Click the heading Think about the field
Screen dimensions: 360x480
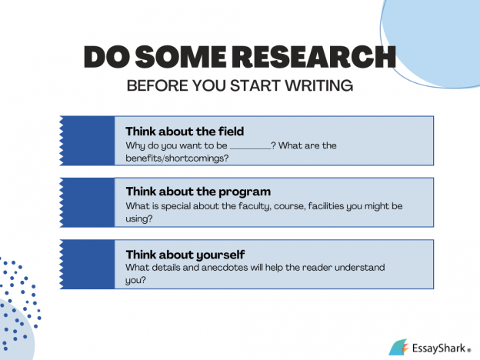(x=185, y=131)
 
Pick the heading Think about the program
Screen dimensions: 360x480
(x=198, y=191)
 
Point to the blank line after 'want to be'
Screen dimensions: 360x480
(x=250, y=145)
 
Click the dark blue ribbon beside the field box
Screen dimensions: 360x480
(x=86, y=140)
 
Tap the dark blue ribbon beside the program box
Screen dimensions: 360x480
(x=86, y=202)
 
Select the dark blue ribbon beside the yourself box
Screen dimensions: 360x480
(x=86, y=263)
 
